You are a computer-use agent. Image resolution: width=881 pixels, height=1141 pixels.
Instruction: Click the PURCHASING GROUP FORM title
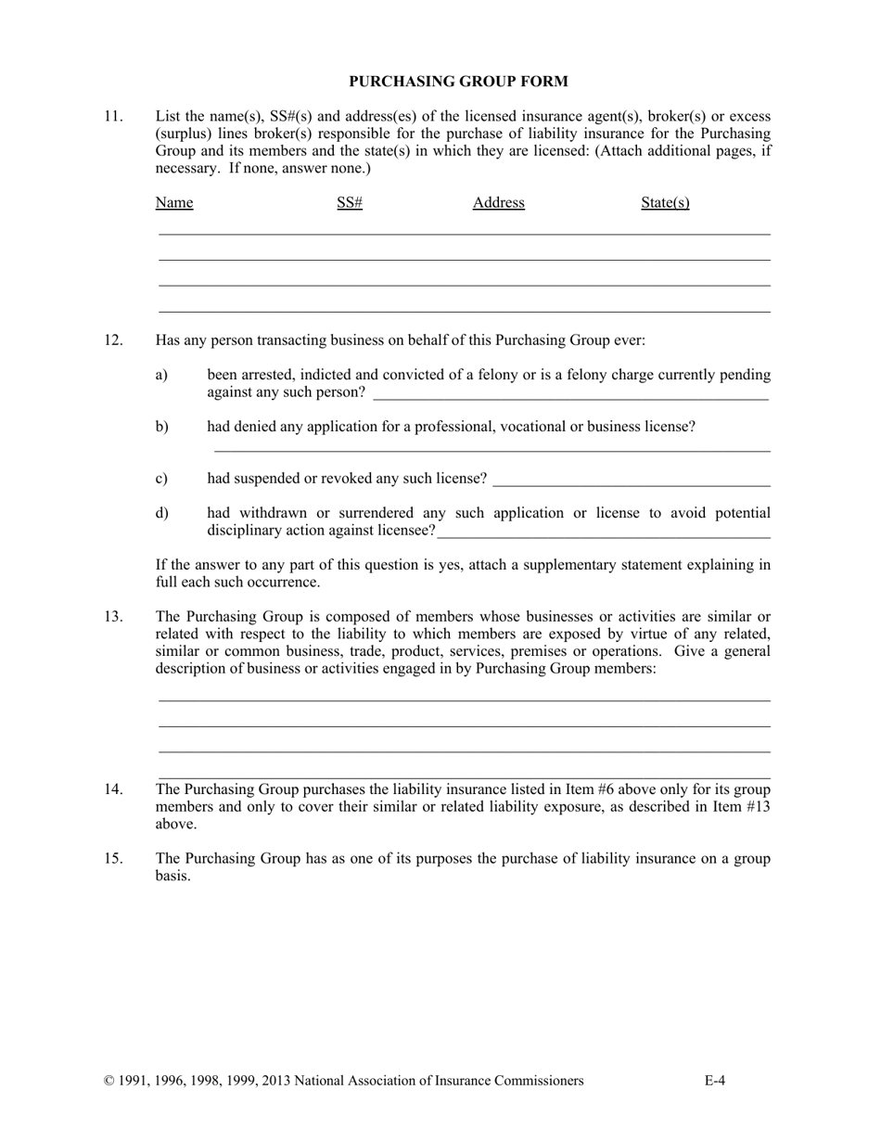458,82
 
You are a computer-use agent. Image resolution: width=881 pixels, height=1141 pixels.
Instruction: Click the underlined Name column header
174,203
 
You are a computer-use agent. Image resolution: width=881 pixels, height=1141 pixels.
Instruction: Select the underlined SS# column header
350,203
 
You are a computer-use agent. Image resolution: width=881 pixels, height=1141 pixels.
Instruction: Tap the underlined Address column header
498,203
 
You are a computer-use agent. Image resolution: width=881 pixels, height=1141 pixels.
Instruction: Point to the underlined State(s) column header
665,203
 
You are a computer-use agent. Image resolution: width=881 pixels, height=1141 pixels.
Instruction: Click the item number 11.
113,117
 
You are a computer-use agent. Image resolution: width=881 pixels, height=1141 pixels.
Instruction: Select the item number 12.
113,340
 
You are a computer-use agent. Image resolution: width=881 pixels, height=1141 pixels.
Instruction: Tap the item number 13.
113,617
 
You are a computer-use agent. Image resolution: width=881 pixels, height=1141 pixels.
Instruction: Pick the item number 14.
113,789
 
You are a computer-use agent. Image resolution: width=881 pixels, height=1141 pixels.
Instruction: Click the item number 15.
113,859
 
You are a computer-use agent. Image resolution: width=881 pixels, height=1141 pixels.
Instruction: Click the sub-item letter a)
162,376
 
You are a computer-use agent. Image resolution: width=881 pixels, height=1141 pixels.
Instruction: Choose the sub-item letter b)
162,428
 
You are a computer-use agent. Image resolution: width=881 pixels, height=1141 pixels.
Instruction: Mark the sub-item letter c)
162,479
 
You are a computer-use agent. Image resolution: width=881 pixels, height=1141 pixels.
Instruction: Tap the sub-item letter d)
162,514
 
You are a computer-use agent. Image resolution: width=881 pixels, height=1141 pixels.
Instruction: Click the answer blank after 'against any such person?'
569,393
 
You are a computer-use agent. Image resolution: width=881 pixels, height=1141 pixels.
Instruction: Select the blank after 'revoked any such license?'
632,480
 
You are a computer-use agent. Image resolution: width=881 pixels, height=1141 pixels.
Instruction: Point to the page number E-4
714,1081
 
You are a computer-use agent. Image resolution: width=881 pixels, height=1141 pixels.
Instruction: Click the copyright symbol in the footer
109,1081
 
